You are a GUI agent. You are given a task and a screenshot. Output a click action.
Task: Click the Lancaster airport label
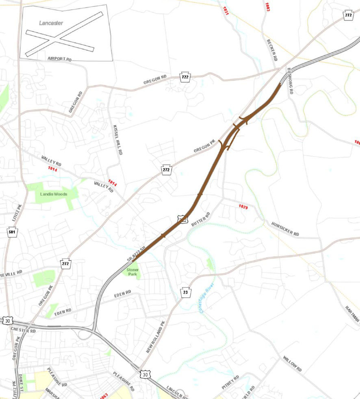(51, 23)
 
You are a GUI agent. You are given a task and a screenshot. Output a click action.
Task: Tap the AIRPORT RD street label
(59, 59)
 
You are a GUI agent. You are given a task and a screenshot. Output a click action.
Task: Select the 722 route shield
(185, 77)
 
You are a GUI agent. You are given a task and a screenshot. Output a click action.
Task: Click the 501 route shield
(13, 232)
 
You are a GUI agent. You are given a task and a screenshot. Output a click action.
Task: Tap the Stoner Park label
(132, 272)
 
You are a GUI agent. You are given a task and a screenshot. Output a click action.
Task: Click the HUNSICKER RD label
(285, 229)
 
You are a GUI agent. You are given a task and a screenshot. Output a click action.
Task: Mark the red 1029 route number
(243, 207)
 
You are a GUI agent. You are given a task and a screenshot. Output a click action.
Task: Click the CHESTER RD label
(24, 330)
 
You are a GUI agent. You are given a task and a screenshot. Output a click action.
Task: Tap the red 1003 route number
(267, 7)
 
